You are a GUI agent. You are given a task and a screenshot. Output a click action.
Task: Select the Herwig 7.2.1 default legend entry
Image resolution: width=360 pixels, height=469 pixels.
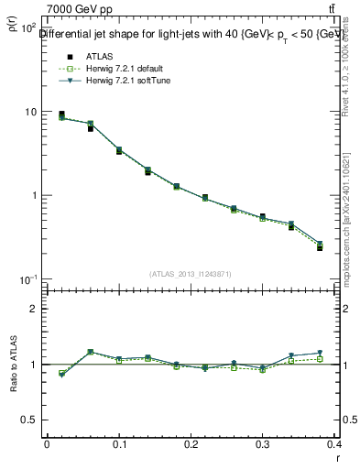[x=120, y=70]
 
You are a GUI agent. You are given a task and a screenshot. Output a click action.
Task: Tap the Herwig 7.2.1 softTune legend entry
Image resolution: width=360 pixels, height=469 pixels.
[x=122, y=82]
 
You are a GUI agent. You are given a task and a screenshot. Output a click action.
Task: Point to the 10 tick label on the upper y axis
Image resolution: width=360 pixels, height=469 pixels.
[x=29, y=112]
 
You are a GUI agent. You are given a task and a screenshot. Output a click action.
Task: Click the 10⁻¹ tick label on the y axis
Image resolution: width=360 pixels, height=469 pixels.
[x=27, y=279]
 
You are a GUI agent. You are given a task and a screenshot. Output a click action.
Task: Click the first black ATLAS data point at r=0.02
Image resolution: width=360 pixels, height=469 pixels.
[x=61, y=115]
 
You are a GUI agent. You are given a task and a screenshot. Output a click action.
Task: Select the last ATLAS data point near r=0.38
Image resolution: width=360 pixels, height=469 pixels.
[x=320, y=247]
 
